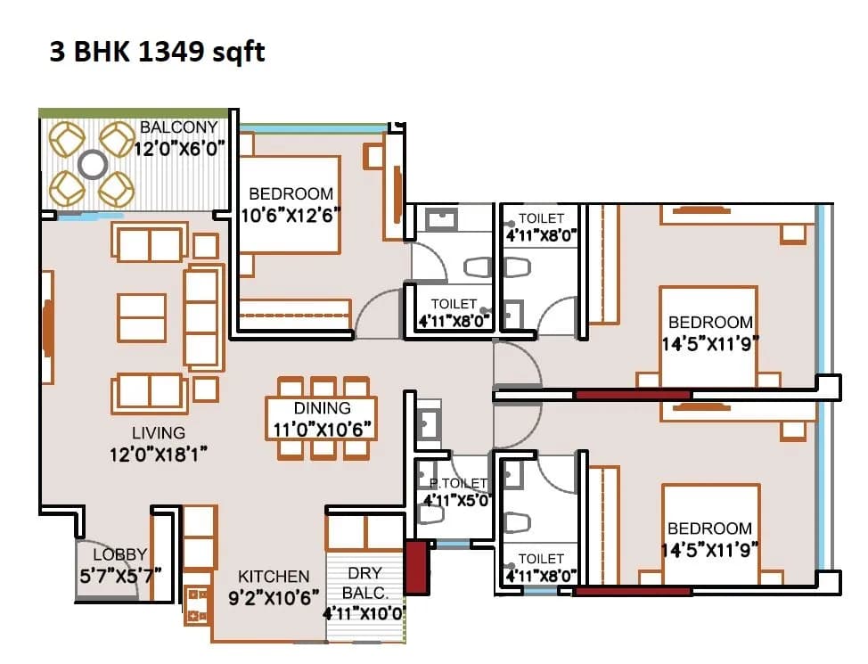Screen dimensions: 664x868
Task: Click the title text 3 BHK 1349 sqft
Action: (157, 53)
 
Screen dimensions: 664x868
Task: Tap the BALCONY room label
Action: (178, 128)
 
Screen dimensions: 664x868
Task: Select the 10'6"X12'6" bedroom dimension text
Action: (291, 215)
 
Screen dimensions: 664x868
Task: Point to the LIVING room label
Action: (158, 433)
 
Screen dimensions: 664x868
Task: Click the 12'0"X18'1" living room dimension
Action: (158, 454)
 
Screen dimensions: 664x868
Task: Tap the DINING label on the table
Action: (322, 408)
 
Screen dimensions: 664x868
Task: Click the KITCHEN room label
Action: (273, 577)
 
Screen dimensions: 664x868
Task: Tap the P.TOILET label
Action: (458, 483)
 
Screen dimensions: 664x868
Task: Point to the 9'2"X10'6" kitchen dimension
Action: (273, 598)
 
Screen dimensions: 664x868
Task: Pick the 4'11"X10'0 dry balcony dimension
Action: (365, 614)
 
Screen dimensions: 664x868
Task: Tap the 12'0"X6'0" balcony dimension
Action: (178, 148)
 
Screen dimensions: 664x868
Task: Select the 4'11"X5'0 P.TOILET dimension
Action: (456, 501)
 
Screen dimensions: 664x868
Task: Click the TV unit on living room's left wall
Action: (46, 318)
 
